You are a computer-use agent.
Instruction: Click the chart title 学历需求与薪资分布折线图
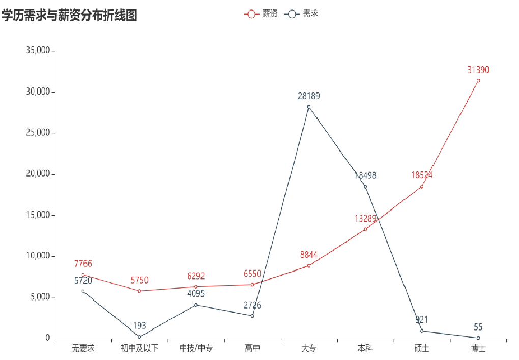coord(69,16)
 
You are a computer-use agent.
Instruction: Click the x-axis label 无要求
coord(83,349)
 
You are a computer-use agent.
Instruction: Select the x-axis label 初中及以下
coord(139,349)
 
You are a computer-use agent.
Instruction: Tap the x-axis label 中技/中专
coord(196,349)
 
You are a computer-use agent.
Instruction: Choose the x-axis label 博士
coord(478,349)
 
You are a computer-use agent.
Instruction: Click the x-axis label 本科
coord(365,349)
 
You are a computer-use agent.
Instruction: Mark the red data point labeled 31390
coord(478,80)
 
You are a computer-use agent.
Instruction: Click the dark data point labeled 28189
coord(309,107)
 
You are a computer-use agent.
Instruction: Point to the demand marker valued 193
coord(139,337)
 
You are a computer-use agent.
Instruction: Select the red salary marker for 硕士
coord(422,187)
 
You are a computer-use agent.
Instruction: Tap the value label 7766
coord(83,264)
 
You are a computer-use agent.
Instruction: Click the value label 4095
coord(196,294)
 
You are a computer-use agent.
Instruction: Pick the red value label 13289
coord(365,219)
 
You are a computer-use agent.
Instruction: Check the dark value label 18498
coord(365,176)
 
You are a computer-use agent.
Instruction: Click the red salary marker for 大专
coord(309,265)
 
